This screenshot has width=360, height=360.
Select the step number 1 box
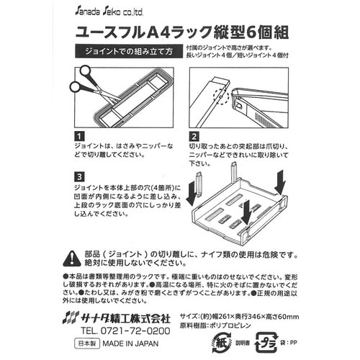(78, 136)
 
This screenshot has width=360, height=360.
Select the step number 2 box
(194, 136)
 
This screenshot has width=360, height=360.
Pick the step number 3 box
(78, 177)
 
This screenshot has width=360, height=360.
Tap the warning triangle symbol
(72, 258)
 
